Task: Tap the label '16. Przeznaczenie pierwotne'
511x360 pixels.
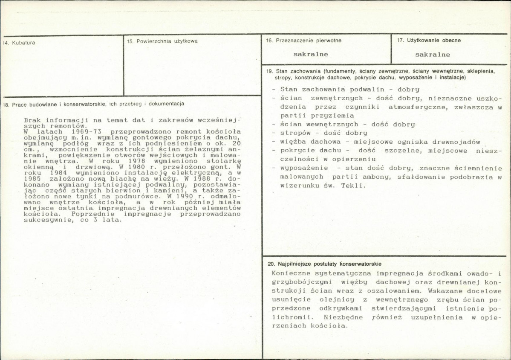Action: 303,41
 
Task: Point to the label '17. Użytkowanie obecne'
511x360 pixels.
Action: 429,41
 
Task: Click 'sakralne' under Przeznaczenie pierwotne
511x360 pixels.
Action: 311,55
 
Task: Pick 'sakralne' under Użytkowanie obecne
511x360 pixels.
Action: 433,55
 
